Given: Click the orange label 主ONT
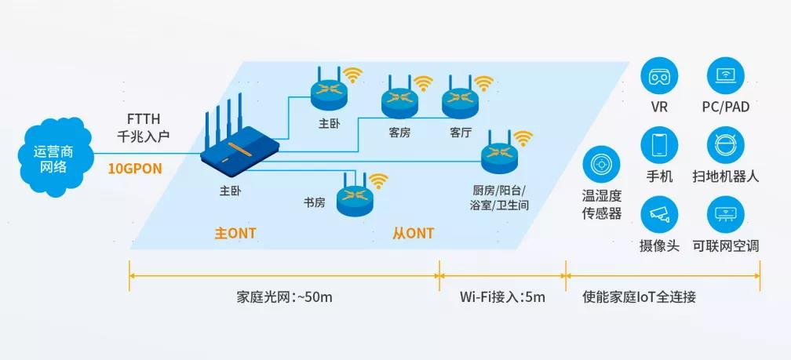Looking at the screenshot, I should pos(235,233).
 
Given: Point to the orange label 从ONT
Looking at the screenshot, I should pos(413,233).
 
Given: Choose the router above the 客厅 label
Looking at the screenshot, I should pos(460,100).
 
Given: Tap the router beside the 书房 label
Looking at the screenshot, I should pos(355,199).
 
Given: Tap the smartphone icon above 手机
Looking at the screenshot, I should pos(659,145).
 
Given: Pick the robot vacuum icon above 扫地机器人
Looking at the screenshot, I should pos(725,145).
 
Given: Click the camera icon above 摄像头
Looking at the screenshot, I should pos(659,213).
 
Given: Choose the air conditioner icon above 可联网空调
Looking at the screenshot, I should pos(725,213).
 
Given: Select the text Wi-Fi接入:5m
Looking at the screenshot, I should pos(502,298).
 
